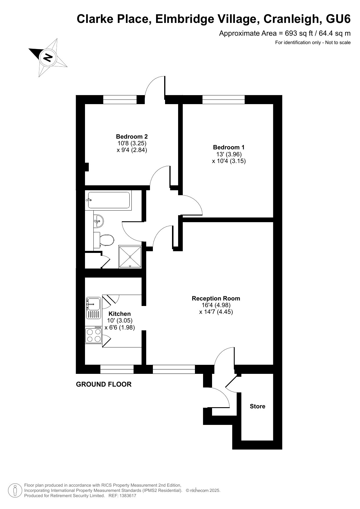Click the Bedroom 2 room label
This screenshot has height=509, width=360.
132,137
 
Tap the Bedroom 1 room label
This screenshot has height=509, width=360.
229,147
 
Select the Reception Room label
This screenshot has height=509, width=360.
216,298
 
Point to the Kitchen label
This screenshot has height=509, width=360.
120,314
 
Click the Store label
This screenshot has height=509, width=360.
258,406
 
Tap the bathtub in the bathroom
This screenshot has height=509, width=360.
109,200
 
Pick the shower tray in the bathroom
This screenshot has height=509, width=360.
130,257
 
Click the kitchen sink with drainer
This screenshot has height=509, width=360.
93,308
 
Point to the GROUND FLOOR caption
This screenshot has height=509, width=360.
104,384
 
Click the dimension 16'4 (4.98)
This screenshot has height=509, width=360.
216,305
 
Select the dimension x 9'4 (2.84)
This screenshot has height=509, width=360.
132,150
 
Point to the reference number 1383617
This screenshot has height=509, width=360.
126,496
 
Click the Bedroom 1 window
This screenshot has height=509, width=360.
223,99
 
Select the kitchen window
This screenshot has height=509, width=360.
117,369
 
